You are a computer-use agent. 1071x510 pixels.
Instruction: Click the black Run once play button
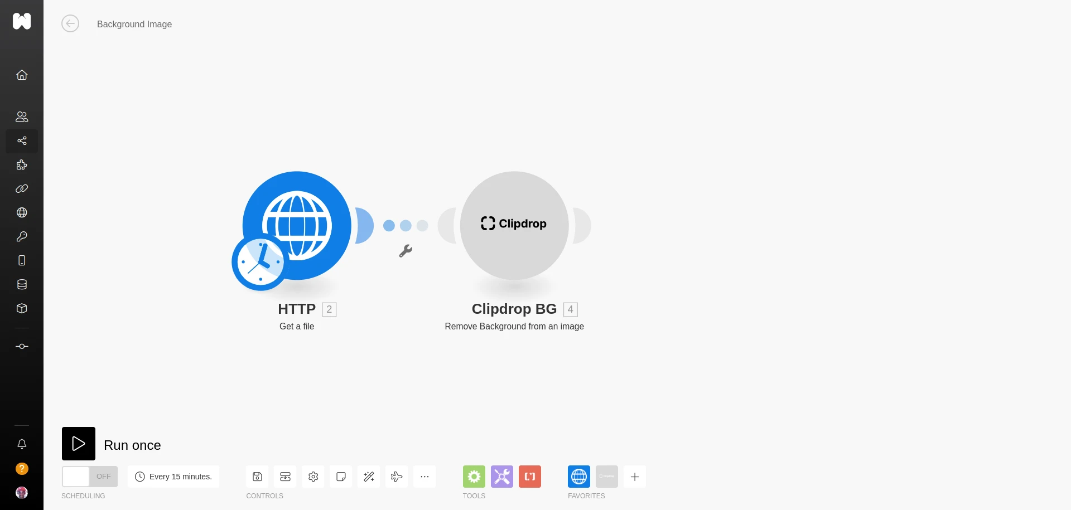[x=78, y=444]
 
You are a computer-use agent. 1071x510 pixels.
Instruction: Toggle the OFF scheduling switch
[x=89, y=477]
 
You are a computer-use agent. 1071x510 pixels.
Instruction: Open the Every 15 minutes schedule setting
[x=173, y=477]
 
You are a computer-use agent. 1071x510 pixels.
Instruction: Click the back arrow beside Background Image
[x=70, y=24]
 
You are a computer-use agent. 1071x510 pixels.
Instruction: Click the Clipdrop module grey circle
[x=514, y=225]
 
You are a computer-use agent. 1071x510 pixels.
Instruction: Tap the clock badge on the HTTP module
[x=259, y=263]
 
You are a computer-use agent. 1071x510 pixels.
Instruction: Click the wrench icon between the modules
[x=406, y=251]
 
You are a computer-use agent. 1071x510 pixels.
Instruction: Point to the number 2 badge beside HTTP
[x=329, y=309]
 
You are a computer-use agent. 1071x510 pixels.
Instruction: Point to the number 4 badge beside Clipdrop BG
[x=570, y=309]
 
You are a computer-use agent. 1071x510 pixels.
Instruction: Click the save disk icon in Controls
[x=257, y=477]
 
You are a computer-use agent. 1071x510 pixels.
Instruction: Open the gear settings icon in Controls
[x=313, y=477]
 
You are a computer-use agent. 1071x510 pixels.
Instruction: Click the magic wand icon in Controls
[x=369, y=477]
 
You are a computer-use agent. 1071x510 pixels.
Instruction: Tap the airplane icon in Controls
[x=397, y=477]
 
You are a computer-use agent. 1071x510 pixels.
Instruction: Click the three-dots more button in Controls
[x=424, y=477]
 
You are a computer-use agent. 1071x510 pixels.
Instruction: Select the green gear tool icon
[x=474, y=477]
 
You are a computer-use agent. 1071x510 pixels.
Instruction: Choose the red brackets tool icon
[x=529, y=477]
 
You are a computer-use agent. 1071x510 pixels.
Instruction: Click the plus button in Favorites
[x=634, y=477]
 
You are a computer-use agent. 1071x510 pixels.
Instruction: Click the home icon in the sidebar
[x=22, y=75]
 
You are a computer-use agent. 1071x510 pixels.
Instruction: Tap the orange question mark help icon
[x=22, y=469]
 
